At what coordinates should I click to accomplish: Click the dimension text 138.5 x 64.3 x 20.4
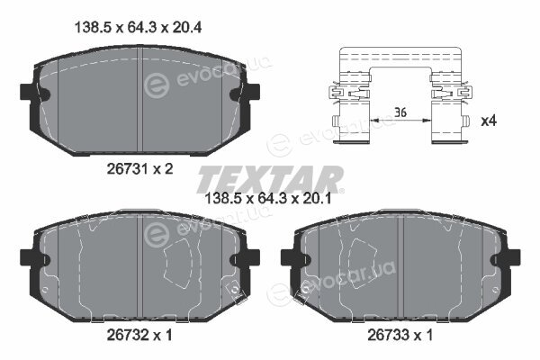coord(138,27)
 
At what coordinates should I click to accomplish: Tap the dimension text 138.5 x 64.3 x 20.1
coord(268,198)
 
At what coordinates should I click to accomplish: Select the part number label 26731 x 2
coord(139,169)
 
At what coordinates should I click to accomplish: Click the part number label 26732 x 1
coord(139,335)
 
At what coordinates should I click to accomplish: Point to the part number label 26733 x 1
coord(400,335)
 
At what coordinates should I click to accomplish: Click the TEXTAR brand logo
coord(270,179)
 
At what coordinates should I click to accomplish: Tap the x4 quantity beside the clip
coord(489,121)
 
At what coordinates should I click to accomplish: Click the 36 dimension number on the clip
coord(400,112)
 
